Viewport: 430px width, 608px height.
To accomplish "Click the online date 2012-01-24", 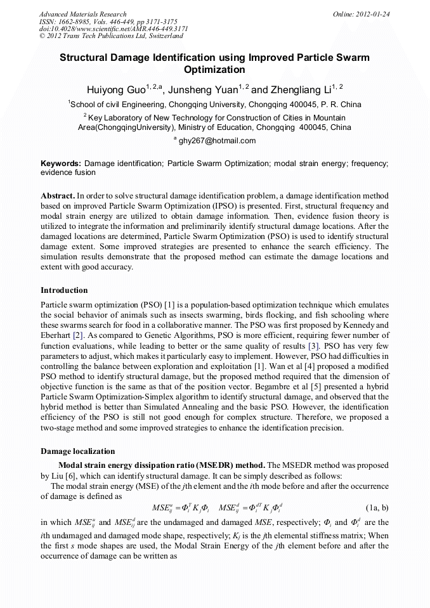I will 373,14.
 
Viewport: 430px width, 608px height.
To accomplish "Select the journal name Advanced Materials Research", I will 82,14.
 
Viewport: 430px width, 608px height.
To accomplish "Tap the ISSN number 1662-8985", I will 75,22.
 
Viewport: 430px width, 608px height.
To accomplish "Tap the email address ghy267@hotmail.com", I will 217,141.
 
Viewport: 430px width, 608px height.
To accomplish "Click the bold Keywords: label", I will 61,164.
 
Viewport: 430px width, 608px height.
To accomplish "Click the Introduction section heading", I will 64,290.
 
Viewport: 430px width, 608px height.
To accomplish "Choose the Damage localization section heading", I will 77,451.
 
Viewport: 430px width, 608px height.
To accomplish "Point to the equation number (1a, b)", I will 377,508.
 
